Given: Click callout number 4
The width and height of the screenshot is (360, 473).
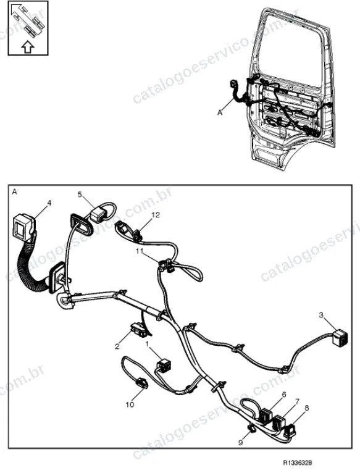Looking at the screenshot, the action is click(x=49, y=203).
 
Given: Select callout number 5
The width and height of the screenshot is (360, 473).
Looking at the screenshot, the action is click(x=80, y=195).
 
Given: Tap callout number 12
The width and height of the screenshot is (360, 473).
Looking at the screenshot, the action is click(x=156, y=215).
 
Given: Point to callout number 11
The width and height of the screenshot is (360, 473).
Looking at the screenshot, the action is click(x=140, y=251).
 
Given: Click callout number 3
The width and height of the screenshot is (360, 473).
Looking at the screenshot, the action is click(x=321, y=316).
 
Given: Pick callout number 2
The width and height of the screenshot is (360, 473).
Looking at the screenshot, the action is click(x=117, y=346).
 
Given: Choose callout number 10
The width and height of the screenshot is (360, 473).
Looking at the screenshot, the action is click(x=130, y=404).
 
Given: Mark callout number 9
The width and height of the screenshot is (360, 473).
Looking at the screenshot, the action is click(x=240, y=443).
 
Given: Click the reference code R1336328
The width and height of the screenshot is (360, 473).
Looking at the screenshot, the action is click(x=297, y=463).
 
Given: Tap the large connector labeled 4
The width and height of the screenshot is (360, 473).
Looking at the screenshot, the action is click(x=23, y=227).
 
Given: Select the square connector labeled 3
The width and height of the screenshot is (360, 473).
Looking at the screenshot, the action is click(x=340, y=337).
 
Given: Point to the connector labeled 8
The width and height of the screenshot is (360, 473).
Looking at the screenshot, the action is click(x=290, y=430).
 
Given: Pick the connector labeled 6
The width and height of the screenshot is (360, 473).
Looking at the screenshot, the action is click(x=266, y=415).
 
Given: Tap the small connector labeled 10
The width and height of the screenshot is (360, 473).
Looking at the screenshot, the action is click(x=141, y=382).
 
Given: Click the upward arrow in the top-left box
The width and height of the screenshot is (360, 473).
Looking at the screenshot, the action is click(x=28, y=47).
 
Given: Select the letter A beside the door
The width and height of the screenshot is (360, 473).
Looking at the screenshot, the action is click(x=220, y=112).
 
